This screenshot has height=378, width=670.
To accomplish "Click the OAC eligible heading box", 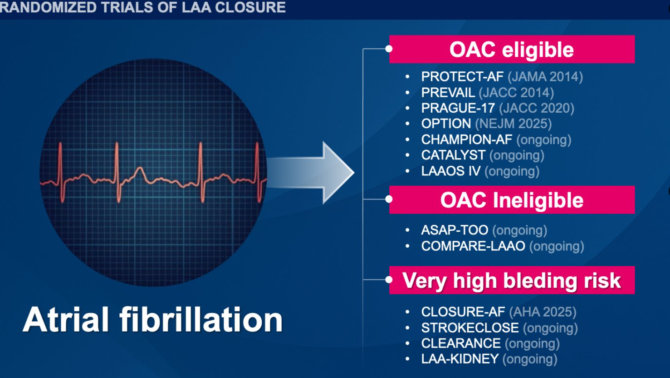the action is tap(512, 49).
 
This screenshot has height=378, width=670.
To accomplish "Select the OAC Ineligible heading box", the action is tap(512, 200).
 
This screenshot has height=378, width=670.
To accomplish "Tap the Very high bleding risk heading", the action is tap(512, 280).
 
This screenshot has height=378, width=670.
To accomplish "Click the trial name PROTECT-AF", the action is tap(462, 77).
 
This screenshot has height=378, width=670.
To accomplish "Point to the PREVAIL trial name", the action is tap(448, 93).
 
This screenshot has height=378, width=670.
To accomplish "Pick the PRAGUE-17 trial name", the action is tap(458, 108).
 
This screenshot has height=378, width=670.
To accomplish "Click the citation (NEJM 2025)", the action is tap(513, 124).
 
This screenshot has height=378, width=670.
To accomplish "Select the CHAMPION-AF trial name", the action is tap(467, 139).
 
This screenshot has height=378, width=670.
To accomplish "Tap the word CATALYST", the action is tap(453, 155).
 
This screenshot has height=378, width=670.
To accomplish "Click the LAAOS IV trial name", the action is tap(451, 171).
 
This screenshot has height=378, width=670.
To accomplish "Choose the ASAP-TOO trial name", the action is tap(455, 230).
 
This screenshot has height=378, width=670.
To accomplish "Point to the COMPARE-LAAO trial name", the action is tap(473, 246).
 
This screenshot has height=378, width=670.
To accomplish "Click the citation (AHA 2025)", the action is tap(543, 312).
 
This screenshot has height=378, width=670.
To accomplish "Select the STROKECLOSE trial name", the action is tap(470, 328).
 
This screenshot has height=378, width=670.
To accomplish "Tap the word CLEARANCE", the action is tap(460, 343).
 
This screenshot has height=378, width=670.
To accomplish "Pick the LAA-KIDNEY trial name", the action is tap(460, 359).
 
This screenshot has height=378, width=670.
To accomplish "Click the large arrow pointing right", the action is tap(311, 173).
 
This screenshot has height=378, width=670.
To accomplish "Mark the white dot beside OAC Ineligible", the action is tap(389, 199).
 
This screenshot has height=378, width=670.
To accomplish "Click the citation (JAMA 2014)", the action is tap(545, 77).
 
